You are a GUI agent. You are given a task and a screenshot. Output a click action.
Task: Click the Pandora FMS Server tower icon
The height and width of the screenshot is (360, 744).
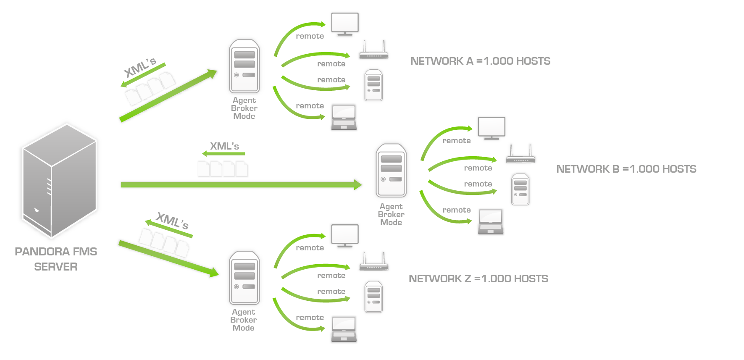[60, 181]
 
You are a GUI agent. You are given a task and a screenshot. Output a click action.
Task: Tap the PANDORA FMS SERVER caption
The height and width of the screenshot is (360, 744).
[56, 259]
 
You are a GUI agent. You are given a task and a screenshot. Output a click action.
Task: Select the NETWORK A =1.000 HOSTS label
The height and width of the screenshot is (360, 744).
[480, 61]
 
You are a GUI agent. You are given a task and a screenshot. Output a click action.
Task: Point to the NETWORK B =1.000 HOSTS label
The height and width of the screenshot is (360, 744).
[626, 169]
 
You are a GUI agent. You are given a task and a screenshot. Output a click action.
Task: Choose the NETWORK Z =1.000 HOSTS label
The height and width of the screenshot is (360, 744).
[478, 279]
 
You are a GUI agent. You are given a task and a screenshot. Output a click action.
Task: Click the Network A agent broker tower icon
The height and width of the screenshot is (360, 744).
[244, 66]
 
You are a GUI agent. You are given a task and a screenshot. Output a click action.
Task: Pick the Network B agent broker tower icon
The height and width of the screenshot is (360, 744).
[391, 171]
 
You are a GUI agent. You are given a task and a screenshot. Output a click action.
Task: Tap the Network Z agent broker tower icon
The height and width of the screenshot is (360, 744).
[244, 278]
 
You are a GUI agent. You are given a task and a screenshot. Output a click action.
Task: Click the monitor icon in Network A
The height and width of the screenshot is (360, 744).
[345, 24]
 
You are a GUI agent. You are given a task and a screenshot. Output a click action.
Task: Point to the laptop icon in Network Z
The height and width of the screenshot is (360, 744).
[344, 329]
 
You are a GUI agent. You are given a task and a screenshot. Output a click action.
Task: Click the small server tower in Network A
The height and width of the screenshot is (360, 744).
[373, 85]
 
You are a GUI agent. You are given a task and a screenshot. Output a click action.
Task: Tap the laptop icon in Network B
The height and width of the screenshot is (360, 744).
[491, 222]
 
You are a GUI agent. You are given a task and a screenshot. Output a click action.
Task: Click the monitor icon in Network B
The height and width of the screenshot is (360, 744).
[492, 129]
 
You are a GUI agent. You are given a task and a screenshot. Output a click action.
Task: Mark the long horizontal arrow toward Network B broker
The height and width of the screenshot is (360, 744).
[241, 185]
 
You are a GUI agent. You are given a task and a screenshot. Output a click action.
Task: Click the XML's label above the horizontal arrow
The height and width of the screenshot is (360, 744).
[224, 146]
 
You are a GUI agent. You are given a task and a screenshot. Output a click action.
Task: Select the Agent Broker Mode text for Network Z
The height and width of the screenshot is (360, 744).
[244, 320]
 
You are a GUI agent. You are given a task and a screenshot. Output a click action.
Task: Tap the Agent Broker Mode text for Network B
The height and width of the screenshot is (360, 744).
[391, 215]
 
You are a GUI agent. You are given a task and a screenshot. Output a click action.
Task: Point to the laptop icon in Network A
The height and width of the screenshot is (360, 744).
[344, 118]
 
